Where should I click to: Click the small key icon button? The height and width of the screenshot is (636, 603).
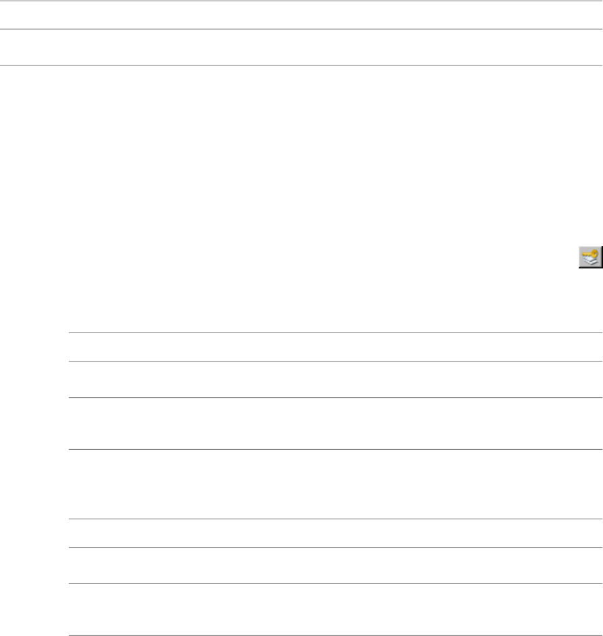(x=590, y=258)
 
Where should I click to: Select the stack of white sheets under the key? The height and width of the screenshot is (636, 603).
(x=589, y=263)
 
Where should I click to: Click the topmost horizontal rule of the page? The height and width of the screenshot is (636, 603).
(x=301, y=1)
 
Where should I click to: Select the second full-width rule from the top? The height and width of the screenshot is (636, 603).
(x=301, y=29)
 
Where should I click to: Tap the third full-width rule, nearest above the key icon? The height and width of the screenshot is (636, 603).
(x=301, y=65)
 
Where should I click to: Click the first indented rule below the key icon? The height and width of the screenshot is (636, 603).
(x=335, y=333)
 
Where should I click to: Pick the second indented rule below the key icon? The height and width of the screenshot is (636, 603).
(x=335, y=361)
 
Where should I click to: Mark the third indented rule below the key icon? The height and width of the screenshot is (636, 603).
(x=335, y=397)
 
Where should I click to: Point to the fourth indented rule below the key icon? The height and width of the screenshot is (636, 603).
(x=335, y=450)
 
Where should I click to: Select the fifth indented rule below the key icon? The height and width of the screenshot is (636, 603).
(x=335, y=519)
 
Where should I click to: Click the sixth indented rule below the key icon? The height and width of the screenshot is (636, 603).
(x=335, y=547)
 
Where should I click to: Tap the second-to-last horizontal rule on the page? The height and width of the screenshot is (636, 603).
(x=335, y=583)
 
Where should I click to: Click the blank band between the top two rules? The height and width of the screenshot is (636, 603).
(x=301, y=15)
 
